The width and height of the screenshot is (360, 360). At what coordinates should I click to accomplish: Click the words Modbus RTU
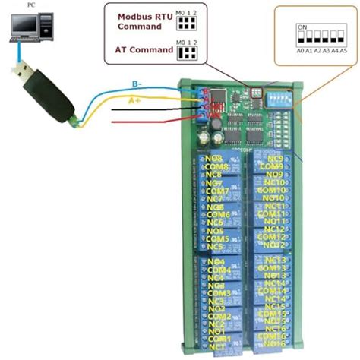tap(140, 17)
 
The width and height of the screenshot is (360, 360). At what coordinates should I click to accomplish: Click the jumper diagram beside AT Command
tap(187, 53)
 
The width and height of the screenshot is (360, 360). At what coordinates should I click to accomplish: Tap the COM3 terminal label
tap(219, 293)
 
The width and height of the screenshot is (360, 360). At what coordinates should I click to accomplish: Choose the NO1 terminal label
tap(217, 332)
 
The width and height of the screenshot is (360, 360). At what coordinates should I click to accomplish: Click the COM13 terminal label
tap(273, 268)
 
